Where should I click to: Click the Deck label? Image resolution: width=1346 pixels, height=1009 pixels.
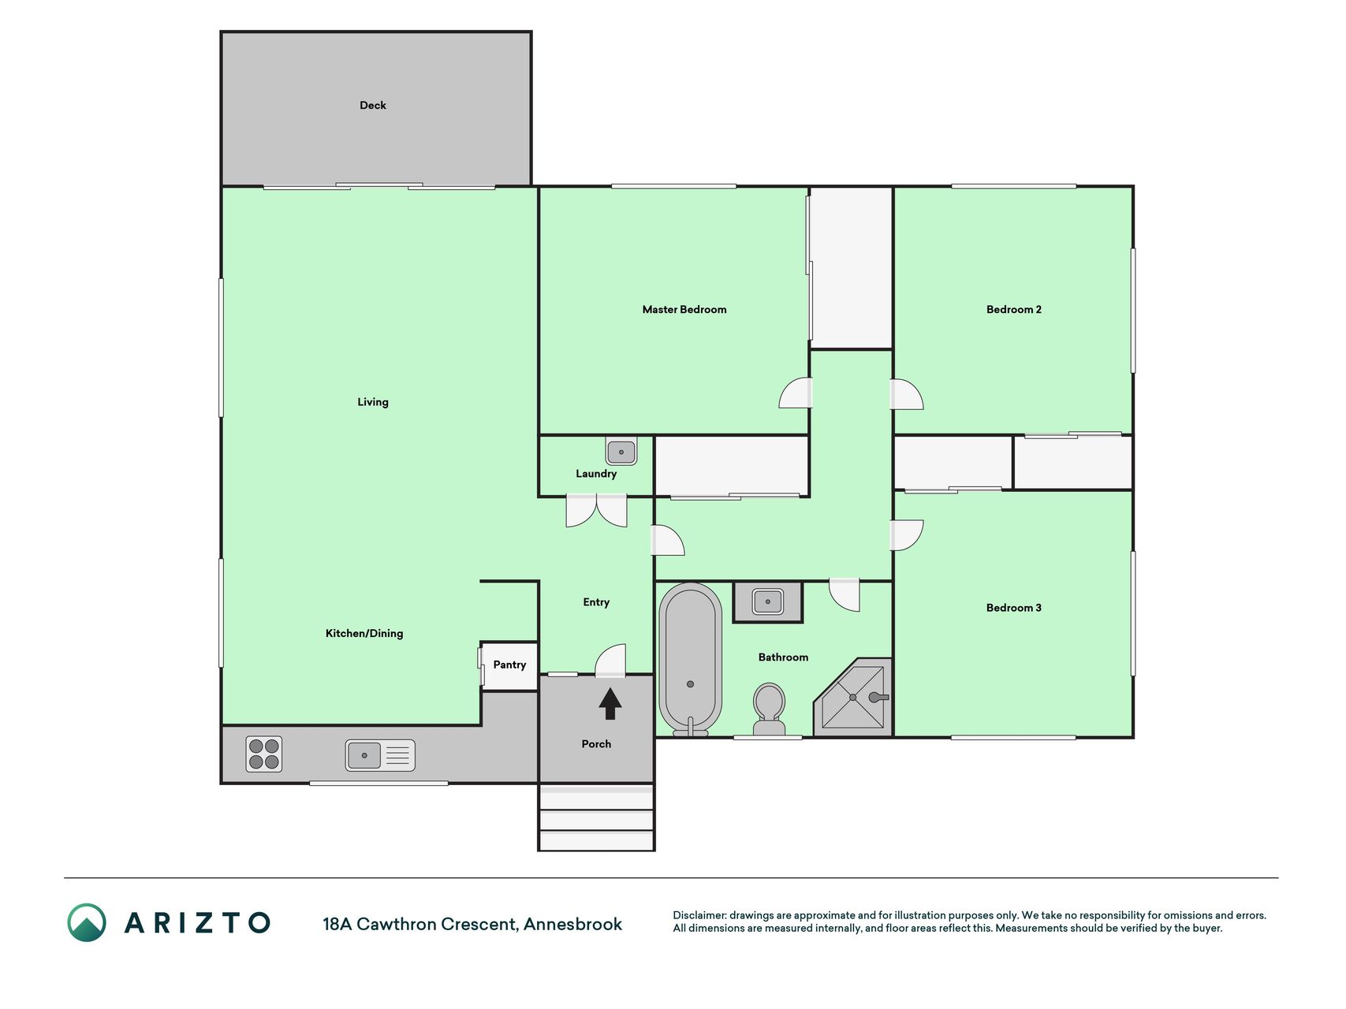[373, 105]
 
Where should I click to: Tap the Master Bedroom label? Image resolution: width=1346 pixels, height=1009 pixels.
[684, 310]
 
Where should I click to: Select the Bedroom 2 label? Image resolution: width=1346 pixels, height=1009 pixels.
[1014, 310]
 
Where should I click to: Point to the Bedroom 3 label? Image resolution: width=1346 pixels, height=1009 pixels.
[1014, 608]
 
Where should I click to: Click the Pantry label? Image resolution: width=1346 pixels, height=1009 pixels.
[509, 665]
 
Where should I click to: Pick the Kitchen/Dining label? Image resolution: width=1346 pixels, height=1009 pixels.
[364, 633]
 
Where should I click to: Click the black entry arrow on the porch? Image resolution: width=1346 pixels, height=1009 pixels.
[610, 704]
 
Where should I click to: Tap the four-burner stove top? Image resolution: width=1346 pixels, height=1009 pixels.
[264, 754]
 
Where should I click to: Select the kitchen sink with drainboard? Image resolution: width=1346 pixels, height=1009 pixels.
[380, 755]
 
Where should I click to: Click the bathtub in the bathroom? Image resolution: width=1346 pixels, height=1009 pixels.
[691, 659]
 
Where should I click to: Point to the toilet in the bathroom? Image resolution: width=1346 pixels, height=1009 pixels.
[769, 709]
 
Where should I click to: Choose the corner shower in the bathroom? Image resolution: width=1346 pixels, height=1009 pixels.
[853, 698]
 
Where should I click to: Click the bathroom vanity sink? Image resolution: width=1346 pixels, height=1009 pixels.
[768, 602]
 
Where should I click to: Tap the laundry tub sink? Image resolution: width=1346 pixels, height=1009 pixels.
[621, 452]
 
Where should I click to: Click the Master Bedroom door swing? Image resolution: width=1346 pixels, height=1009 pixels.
[796, 393]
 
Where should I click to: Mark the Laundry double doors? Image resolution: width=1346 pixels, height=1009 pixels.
[597, 510]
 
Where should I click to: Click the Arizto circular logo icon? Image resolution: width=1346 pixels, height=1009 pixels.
[87, 922]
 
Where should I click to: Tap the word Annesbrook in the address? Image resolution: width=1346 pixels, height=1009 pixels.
[573, 924]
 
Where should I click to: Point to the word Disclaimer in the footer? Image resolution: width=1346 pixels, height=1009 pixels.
[699, 915]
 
